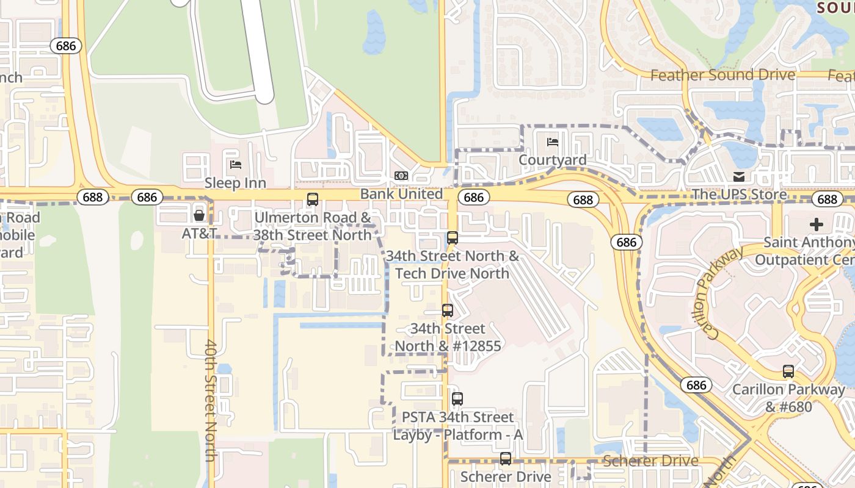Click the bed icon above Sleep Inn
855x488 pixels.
coord(236,164)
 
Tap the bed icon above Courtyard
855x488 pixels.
coord(552,142)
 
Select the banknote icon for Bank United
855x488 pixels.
coord(401,176)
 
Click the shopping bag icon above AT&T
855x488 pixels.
coord(199,215)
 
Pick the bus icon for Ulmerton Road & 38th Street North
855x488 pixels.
coord(313,199)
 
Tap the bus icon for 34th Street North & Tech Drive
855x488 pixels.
coord(453,237)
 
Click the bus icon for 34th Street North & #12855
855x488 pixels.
coord(448,310)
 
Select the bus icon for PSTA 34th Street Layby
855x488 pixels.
coord(457,399)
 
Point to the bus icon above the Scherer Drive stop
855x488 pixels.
coord(506,459)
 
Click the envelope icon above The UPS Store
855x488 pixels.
coord(739,177)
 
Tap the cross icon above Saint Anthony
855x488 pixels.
coord(816,224)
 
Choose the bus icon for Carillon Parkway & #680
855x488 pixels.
coord(788,371)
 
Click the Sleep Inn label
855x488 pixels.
coord(235,182)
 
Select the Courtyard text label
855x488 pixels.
coord(552,160)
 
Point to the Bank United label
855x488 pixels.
coord(401,194)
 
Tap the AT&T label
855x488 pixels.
coord(199,233)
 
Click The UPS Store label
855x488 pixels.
coord(739,195)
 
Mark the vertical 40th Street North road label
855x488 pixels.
coord(211,400)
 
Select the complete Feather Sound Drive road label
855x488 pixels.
coord(722,75)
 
